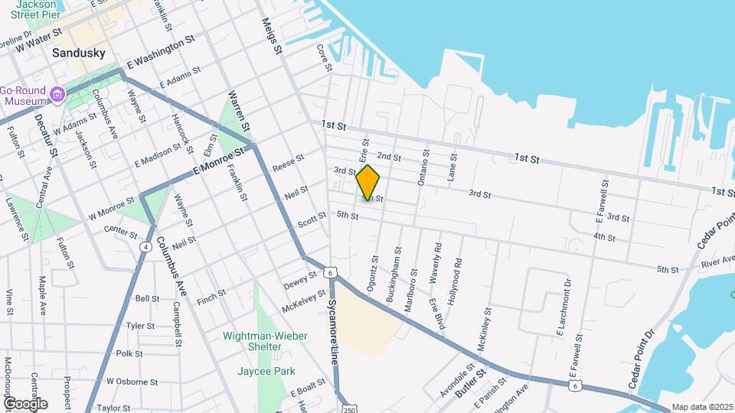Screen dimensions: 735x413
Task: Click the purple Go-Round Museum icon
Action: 57,96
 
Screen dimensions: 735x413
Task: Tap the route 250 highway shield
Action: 348,406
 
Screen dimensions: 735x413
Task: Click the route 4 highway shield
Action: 145,246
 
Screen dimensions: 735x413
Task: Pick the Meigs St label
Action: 271,36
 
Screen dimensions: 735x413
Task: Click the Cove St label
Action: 325,57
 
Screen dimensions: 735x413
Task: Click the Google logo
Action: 24,404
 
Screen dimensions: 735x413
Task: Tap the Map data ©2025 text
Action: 701,408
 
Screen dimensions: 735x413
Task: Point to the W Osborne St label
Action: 132,381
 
